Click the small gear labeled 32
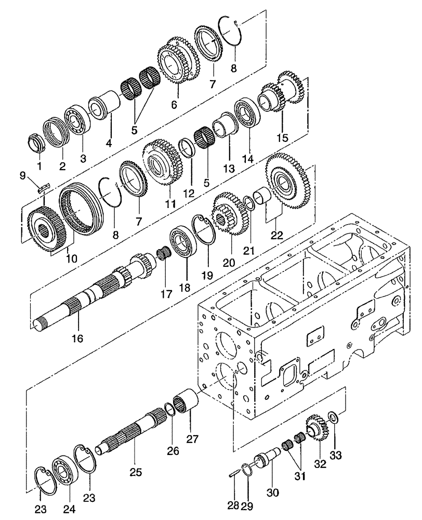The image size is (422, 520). coord(316,427)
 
